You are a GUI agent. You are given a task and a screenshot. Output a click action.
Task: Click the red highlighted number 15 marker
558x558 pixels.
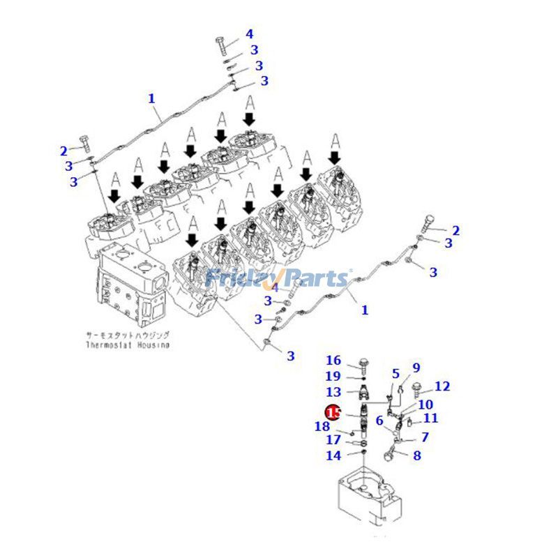pos(333,413)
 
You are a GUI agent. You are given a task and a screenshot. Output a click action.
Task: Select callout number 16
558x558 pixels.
pos(334,361)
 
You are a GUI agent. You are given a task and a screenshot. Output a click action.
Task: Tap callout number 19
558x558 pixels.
pos(334,376)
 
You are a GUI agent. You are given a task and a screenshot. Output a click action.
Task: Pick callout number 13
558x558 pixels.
pos(334,393)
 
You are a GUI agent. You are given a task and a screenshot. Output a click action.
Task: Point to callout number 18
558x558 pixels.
pos(322,427)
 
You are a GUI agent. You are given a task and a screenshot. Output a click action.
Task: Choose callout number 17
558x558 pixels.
pos(334,440)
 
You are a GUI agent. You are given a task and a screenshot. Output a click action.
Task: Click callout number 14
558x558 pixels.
pos(334,455)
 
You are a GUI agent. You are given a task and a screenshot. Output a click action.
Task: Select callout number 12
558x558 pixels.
pos(442,386)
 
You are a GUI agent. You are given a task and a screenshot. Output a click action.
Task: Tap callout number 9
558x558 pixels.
pos(416,368)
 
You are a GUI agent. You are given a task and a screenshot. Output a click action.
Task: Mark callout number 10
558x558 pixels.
pos(425,405)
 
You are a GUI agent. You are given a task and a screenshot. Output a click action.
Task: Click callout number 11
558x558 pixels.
pos(431,418)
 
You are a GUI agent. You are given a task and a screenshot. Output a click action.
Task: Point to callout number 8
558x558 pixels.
pos(417,456)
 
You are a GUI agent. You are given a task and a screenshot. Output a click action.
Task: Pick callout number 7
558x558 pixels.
pos(424,437)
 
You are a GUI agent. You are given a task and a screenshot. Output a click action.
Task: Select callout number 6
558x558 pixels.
pos(379,421)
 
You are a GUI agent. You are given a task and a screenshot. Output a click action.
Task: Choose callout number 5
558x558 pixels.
pos(395,374)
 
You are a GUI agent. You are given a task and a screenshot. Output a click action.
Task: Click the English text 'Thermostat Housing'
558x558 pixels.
pos(128,345)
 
